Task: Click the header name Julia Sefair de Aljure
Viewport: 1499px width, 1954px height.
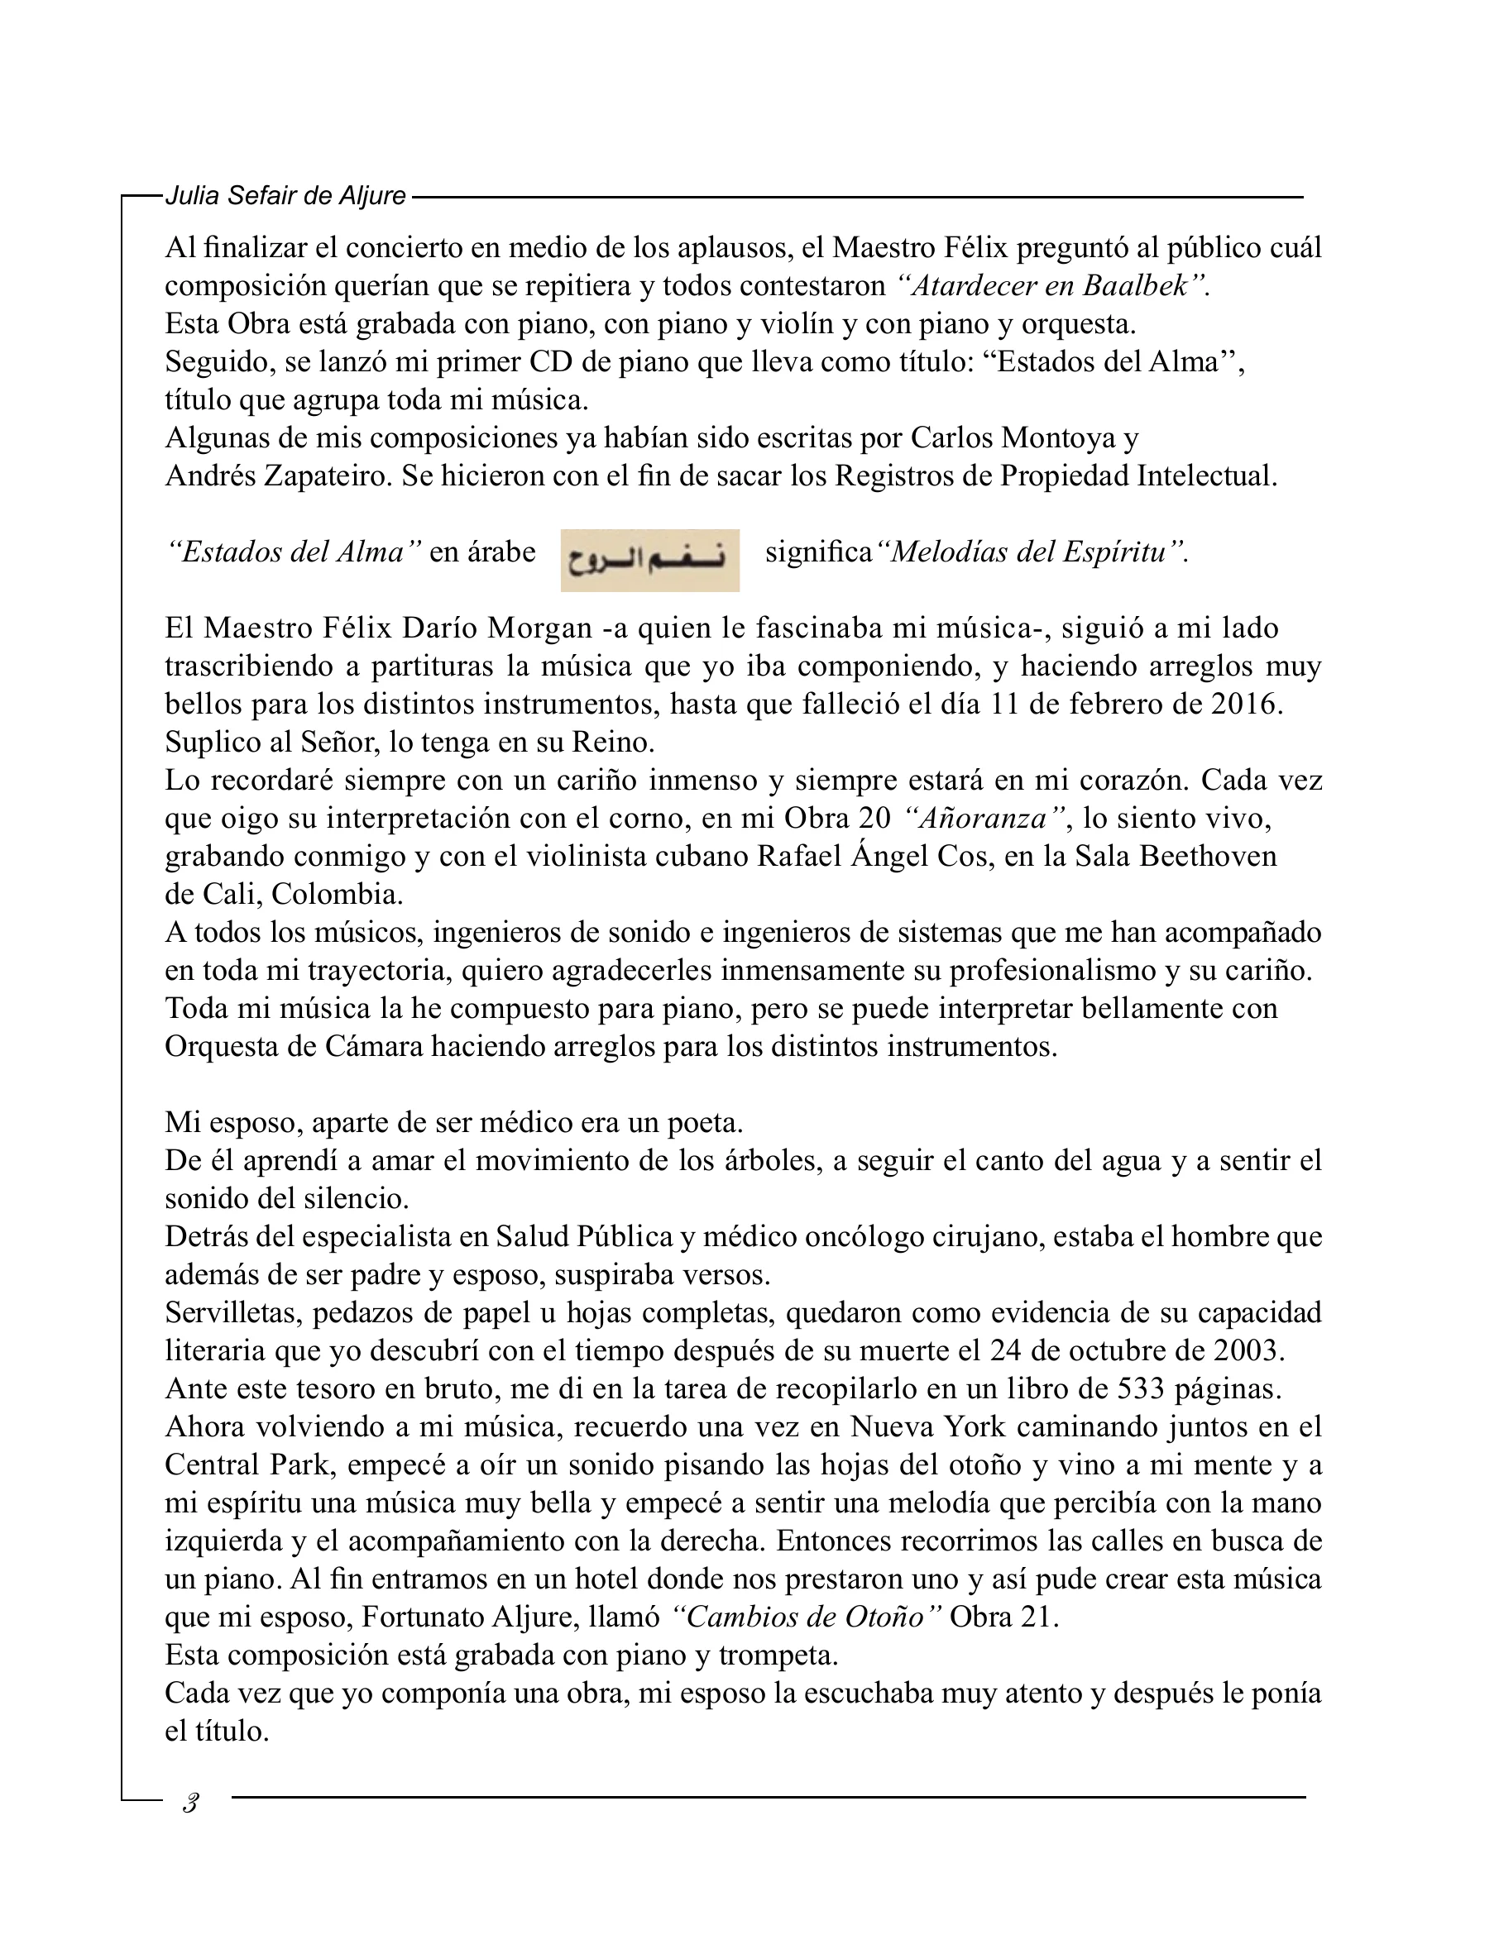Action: (x=285, y=195)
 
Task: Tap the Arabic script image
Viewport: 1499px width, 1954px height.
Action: (x=649, y=560)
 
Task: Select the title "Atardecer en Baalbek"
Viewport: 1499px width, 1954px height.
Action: (x=1051, y=286)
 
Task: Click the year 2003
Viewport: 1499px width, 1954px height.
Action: (x=1248, y=1350)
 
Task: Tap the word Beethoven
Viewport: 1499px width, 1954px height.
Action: (x=1208, y=856)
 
